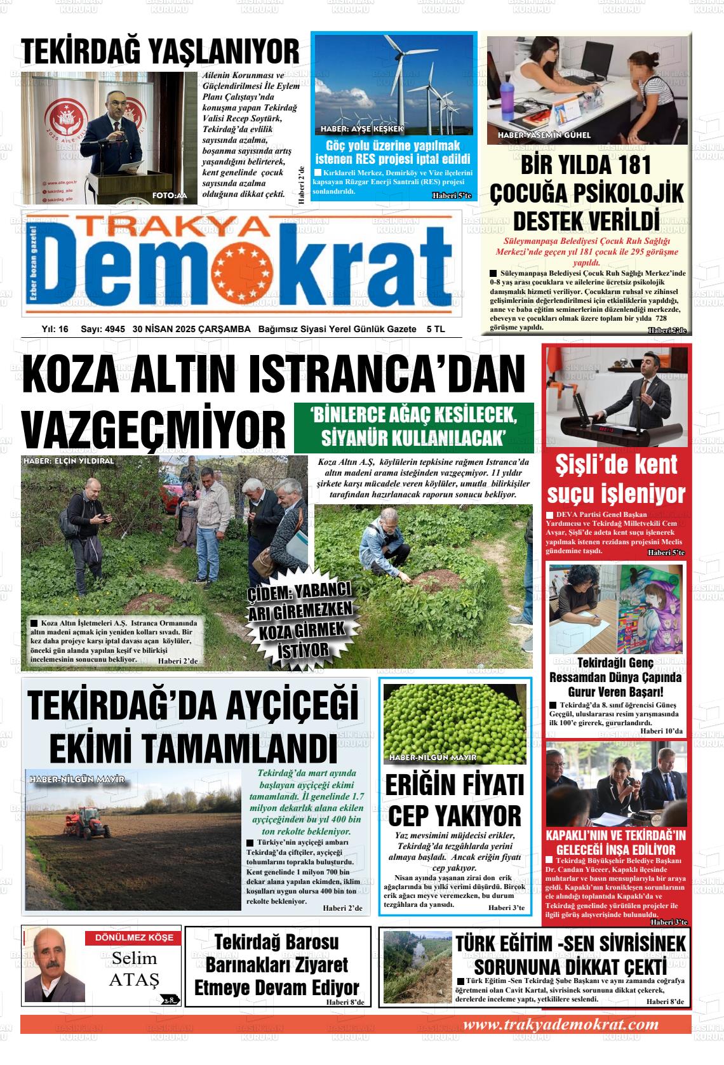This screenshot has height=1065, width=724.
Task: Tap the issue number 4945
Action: tap(114, 329)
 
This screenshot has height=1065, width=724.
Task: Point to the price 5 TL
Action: tap(436, 329)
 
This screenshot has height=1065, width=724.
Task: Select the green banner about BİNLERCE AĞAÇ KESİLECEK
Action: tap(413, 427)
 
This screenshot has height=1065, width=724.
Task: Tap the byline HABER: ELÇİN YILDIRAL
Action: tap(69, 461)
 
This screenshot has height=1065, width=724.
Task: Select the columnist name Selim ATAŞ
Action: tap(135, 968)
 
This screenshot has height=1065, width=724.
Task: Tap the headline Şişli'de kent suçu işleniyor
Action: tap(616, 479)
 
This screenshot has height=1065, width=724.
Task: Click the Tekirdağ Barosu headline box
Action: tap(277, 965)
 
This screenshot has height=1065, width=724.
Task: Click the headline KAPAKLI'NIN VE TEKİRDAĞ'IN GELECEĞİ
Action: tap(616, 842)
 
